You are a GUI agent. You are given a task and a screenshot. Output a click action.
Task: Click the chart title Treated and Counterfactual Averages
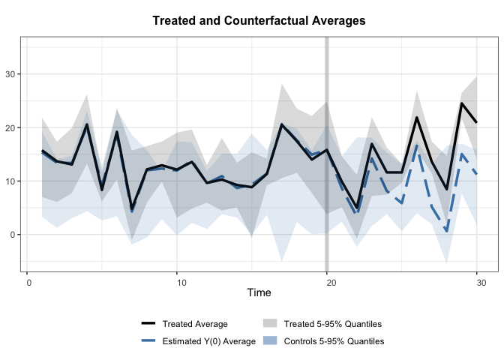259,21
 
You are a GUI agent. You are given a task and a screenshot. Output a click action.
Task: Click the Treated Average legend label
195,324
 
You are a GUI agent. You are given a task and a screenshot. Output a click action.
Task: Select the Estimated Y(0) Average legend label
205,341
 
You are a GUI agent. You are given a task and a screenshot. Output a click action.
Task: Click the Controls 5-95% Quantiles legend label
334,341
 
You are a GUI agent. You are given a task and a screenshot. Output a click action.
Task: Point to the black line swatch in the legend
148,324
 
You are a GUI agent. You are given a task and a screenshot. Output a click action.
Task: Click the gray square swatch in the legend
270,324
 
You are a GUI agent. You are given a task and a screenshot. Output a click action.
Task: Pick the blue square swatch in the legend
270,341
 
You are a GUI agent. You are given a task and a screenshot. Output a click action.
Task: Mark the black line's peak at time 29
462,103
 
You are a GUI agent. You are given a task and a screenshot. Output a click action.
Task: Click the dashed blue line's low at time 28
447,231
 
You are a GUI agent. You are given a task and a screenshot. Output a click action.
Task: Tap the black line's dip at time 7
132,208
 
